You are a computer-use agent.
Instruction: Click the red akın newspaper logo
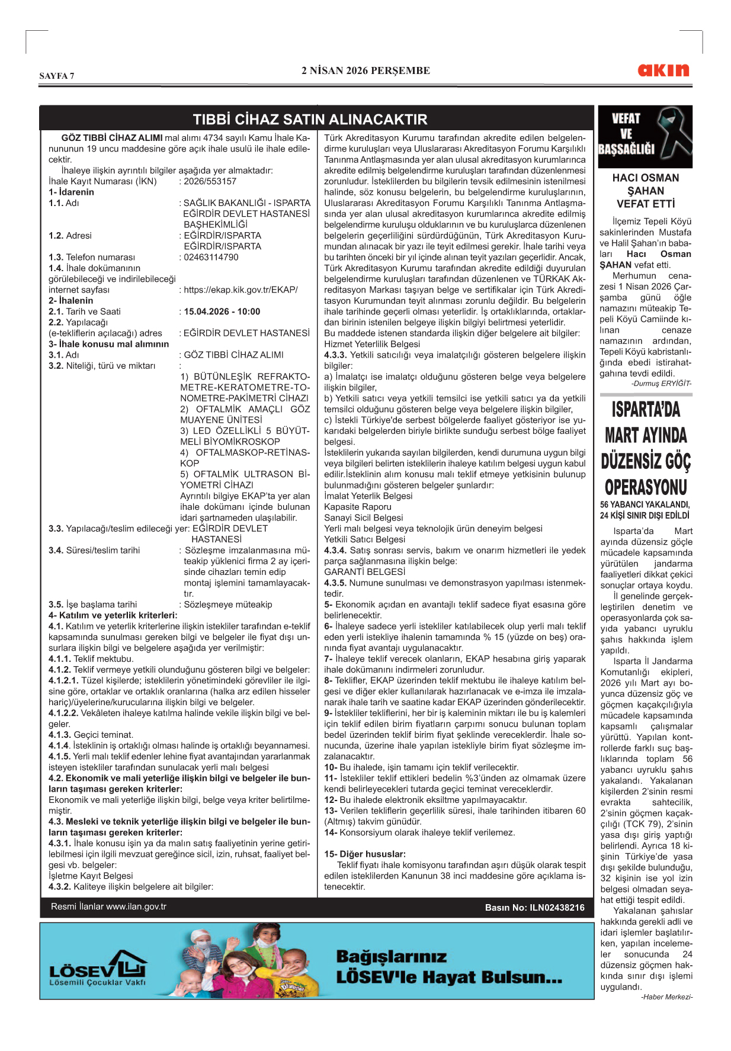663,70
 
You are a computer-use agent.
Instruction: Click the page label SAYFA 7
57,76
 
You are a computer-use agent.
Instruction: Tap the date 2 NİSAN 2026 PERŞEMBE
366,70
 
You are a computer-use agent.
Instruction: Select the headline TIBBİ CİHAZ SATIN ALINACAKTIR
310,119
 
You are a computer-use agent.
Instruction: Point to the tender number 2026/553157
210,181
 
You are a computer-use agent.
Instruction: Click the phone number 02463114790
211,257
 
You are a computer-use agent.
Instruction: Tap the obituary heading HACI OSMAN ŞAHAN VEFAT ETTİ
645,191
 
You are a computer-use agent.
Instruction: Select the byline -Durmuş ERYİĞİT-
661,383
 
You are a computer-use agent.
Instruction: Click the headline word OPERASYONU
646,487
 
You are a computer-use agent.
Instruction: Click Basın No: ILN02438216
534,907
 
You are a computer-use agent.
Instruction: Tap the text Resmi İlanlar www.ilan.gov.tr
108,907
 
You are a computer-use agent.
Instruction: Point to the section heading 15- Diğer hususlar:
364,854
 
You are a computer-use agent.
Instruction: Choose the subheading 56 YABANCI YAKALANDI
645,504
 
